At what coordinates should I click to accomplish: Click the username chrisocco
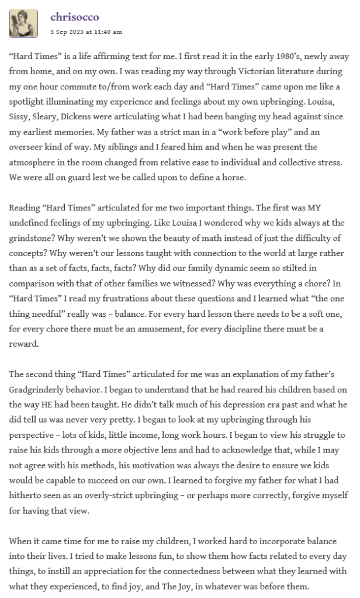(74, 17)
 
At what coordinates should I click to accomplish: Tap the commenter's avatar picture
(23, 23)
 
